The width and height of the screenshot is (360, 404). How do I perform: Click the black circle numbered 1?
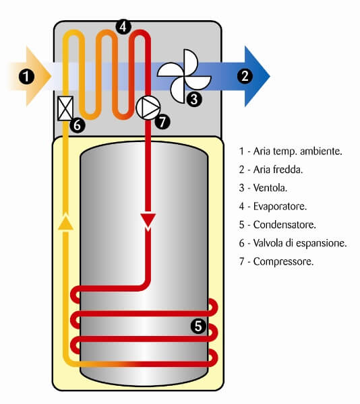click(x=26, y=77)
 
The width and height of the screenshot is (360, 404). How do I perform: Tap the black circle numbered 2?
click(x=245, y=75)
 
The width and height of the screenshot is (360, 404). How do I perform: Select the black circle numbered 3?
click(x=194, y=99)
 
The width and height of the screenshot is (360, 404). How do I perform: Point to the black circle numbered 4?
click(x=123, y=26)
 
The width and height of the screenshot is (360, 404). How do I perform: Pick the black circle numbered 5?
click(x=198, y=326)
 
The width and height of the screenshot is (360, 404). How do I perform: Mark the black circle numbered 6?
click(x=78, y=125)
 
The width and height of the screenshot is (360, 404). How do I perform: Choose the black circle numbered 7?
click(x=162, y=122)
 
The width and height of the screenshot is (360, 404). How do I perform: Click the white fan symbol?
click(x=184, y=76)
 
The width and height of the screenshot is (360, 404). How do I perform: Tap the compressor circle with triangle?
click(x=148, y=108)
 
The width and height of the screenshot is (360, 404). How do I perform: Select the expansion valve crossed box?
click(x=65, y=108)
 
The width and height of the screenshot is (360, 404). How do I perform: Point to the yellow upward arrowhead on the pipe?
click(x=66, y=222)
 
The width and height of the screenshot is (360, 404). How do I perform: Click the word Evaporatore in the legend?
click(x=280, y=206)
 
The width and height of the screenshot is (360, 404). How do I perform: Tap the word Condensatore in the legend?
click(x=284, y=225)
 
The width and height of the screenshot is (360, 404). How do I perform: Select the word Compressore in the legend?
click(x=283, y=261)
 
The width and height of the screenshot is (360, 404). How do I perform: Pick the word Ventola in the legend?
click(x=270, y=188)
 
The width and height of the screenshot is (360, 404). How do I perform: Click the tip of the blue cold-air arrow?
click(x=270, y=76)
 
